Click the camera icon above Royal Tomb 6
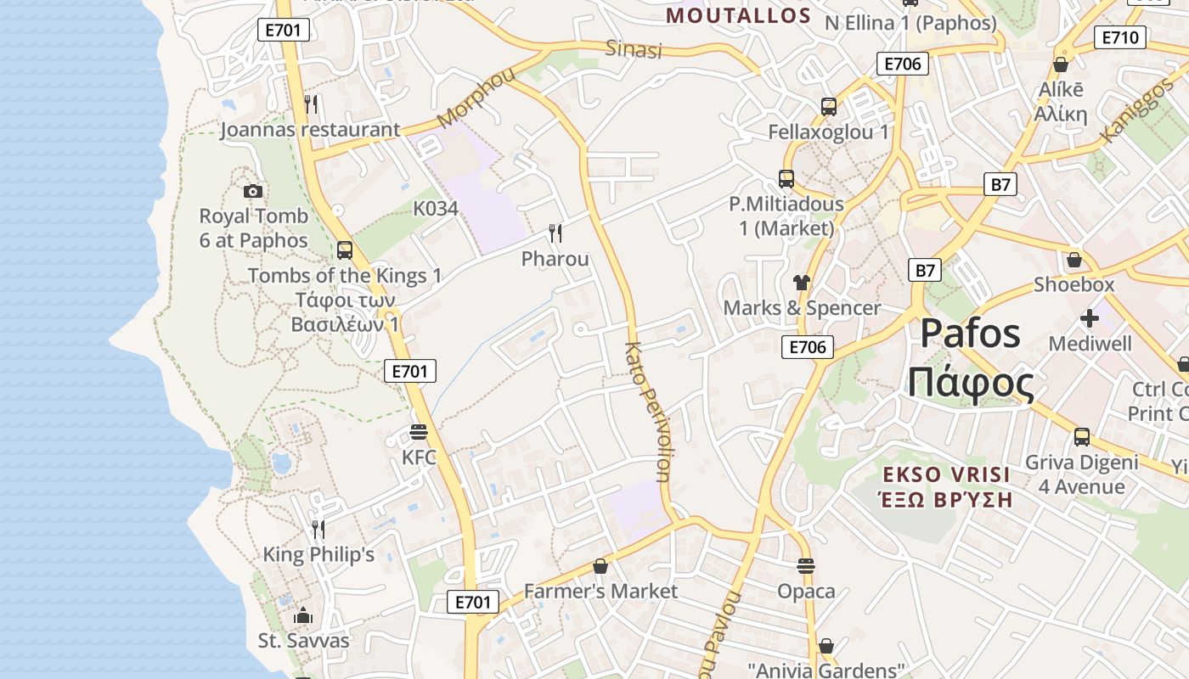(x=253, y=191)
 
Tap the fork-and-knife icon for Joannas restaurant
(x=311, y=104)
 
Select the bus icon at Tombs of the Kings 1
(x=344, y=250)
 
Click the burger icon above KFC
(x=418, y=432)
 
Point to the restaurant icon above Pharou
(x=555, y=233)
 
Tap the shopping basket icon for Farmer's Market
(x=600, y=565)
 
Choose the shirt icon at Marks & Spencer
(x=801, y=283)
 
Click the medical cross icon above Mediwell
(x=1090, y=318)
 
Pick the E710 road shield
(x=1121, y=37)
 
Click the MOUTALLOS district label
(x=738, y=15)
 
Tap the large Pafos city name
(x=971, y=334)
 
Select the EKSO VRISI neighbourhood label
(x=946, y=474)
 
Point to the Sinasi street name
(x=633, y=49)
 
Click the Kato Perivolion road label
(x=648, y=411)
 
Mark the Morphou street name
(x=476, y=98)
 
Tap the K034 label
(x=436, y=209)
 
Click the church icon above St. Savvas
(x=303, y=615)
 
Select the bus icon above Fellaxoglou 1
(x=829, y=107)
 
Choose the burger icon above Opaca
(x=806, y=565)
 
